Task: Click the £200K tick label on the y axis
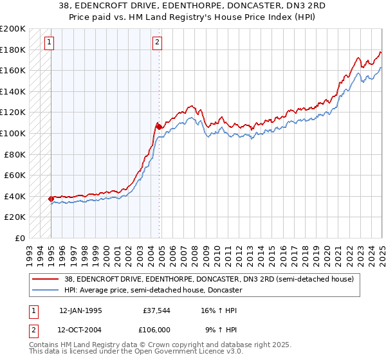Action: [13, 29]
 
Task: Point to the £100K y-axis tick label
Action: [13, 133]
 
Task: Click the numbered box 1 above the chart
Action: [50, 43]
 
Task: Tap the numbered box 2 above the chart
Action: [158, 43]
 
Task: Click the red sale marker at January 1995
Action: [51, 199]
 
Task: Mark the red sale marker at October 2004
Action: [159, 127]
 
